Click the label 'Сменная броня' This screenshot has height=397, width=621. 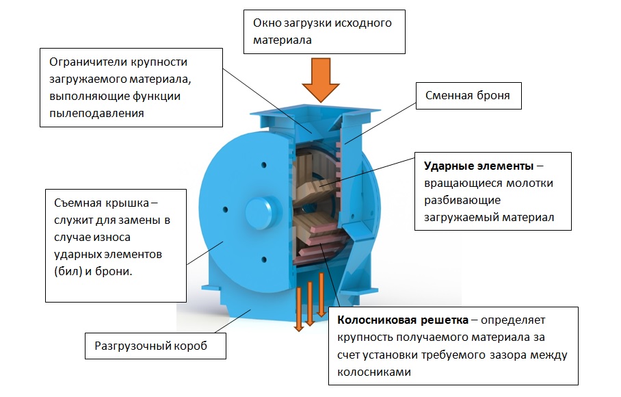click(x=467, y=96)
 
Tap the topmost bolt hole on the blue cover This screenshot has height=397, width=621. click(x=263, y=165)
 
